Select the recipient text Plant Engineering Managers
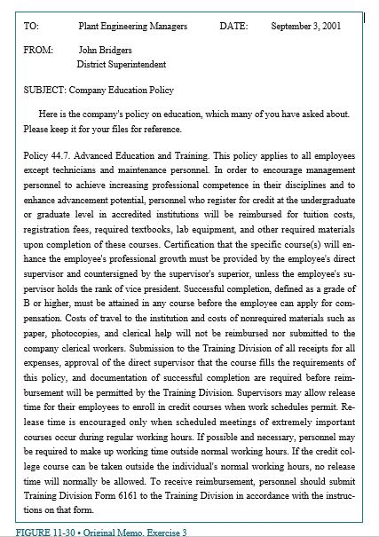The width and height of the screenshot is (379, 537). click(132, 28)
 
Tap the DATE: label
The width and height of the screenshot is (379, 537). click(234, 28)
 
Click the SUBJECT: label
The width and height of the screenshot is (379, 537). click(45, 90)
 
